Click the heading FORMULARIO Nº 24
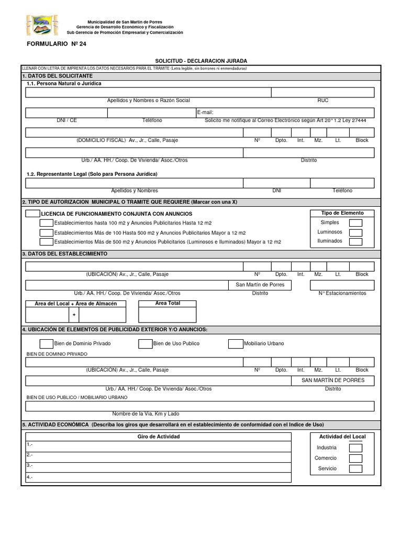point(57,44)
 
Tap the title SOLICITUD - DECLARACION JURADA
point(201,61)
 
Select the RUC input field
point(322,93)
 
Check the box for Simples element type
point(355,223)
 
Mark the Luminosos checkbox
point(355,232)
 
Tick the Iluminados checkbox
point(355,242)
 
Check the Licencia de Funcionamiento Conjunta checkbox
point(32,214)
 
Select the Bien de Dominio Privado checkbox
point(47,344)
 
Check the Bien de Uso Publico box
point(145,344)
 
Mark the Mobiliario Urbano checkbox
point(236,344)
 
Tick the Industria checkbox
point(355,448)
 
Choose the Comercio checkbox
point(355,459)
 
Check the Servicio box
point(355,469)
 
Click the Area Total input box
point(167,315)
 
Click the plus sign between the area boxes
point(74,315)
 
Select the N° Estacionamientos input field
point(342,285)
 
